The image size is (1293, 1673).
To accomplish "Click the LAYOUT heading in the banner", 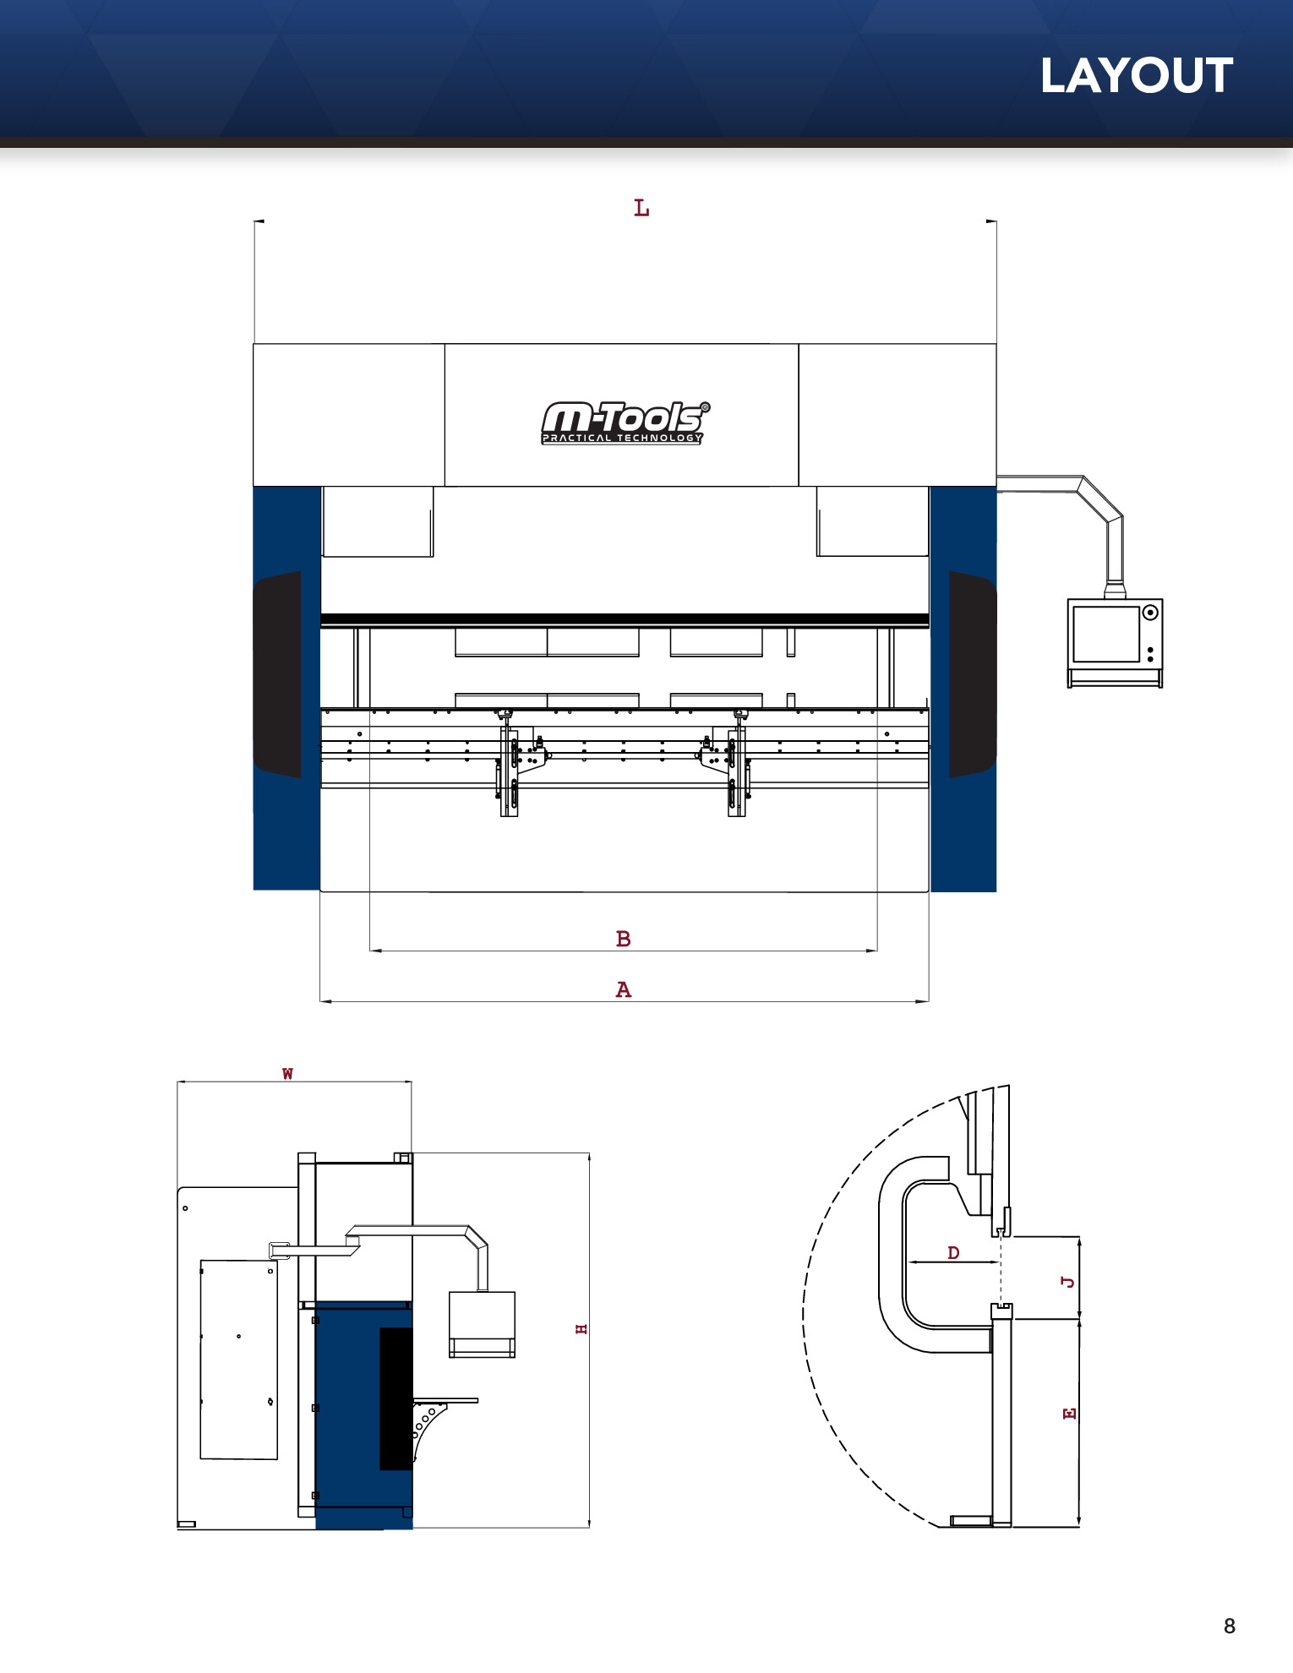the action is [x=1137, y=76].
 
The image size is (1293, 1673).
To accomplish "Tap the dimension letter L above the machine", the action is [x=641, y=208].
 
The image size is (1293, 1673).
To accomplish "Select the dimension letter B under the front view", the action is [x=624, y=939].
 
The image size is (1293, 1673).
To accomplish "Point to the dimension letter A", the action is [x=624, y=989].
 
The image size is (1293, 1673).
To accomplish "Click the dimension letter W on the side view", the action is [x=287, y=1074].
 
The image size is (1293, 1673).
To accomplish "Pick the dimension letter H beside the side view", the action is [x=581, y=1329].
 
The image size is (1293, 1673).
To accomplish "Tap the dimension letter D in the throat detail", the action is [x=953, y=1252].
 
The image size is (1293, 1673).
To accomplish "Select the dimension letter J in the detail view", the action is [x=1068, y=1282].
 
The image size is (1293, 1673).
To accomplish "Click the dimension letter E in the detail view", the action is [x=1069, y=1414].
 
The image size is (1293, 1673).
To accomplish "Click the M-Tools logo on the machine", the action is [x=625, y=422].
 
